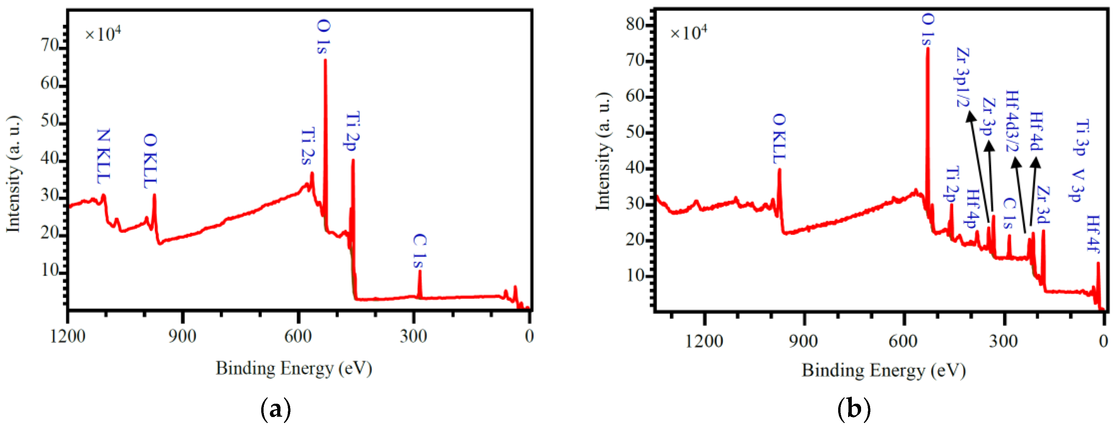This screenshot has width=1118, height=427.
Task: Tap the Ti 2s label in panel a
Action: (x=308, y=146)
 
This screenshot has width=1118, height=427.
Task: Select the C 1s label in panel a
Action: (x=419, y=251)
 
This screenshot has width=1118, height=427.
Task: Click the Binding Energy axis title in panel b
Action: (x=883, y=370)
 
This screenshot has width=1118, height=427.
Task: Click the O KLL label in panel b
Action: (x=779, y=139)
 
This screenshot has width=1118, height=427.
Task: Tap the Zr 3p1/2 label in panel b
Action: (x=962, y=77)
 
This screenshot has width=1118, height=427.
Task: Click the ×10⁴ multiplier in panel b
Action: (x=688, y=33)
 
